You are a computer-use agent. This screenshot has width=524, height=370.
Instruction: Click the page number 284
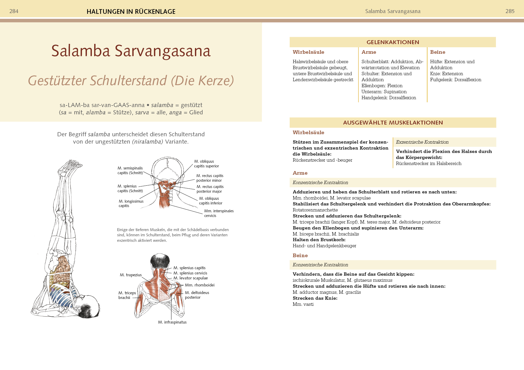tap(14, 11)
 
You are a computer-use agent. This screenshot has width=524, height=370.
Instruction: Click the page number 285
tap(510, 11)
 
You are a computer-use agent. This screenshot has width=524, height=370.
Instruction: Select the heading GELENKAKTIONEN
tap(392, 42)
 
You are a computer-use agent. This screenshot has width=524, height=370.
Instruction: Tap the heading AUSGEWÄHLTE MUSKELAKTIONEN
tap(393, 123)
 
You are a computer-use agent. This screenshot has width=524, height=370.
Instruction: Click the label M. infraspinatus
tap(172, 322)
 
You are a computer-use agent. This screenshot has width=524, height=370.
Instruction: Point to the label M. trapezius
tap(131, 275)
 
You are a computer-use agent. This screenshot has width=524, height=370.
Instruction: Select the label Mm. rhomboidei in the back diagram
tap(200, 285)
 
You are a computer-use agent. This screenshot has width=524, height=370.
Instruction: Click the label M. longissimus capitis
tap(131, 203)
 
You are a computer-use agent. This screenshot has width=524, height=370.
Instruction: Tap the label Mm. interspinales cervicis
tap(219, 213)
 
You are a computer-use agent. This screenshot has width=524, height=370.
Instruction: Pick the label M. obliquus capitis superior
tap(206, 164)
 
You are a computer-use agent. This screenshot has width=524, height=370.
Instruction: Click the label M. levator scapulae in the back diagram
tap(190, 278)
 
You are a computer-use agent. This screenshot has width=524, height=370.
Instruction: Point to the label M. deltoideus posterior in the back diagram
tap(197, 295)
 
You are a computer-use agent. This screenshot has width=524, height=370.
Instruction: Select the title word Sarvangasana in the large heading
tap(163, 51)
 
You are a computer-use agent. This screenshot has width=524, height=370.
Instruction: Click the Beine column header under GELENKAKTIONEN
tap(438, 52)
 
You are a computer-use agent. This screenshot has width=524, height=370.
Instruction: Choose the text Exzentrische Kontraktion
tap(422, 142)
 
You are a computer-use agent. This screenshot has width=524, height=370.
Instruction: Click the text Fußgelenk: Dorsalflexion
tap(455, 80)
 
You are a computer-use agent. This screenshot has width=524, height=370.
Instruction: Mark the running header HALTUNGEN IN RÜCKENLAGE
tap(131, 11)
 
